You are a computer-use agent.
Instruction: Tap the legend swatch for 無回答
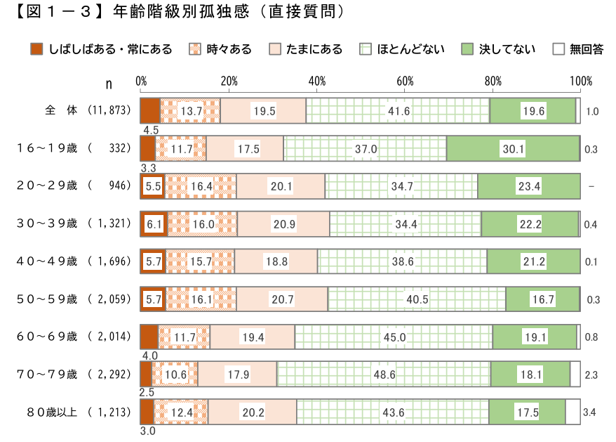click(558, 49)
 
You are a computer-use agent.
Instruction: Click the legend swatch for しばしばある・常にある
click(37, 49)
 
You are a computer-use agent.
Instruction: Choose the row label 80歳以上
click(47, 412)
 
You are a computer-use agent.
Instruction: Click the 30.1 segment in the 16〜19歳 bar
click(513, 149)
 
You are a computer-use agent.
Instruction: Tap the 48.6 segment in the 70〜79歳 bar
click(384, 375)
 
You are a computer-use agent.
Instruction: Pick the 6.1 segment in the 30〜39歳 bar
click(154, 224)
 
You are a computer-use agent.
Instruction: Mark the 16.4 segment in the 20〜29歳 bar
click(201, 186)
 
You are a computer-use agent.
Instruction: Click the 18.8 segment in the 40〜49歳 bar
click(276, 261)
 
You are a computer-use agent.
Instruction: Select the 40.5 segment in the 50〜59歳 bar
click(417, 299)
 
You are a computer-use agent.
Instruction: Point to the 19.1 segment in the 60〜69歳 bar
click(534, 337)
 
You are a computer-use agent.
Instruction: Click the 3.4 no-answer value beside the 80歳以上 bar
click(591, 412)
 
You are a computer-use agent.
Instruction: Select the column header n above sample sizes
click(109, 84)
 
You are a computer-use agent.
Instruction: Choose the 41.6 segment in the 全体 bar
click(398, 111)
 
